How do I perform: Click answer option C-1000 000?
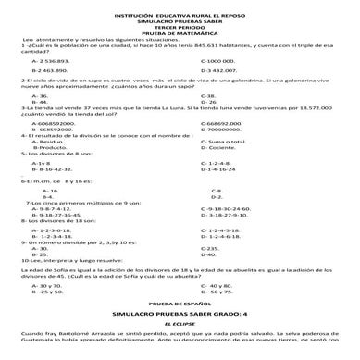tap(220, 58)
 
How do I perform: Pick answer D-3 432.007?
tap(221, 69)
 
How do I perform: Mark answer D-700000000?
tap(228, 128)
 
